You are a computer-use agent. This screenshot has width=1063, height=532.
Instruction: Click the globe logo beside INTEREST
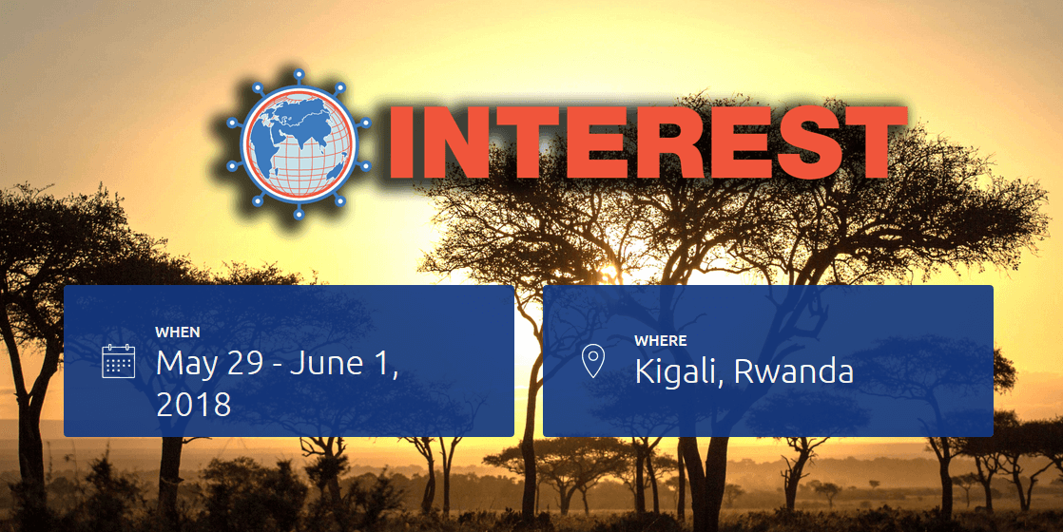point(299,144)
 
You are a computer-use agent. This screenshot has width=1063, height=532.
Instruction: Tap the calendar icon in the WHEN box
point(119,361)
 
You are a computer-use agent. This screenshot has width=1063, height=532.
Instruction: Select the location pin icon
point(593,361)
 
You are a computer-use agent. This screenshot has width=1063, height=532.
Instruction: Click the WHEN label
point(178,332)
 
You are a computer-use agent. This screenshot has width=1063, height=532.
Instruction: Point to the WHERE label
point(660,341)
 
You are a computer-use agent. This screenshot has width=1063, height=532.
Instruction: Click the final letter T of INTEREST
point(871,144)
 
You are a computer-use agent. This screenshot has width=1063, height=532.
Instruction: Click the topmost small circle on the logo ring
point(299,74)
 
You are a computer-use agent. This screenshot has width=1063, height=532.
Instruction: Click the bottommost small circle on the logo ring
point(299,214)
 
